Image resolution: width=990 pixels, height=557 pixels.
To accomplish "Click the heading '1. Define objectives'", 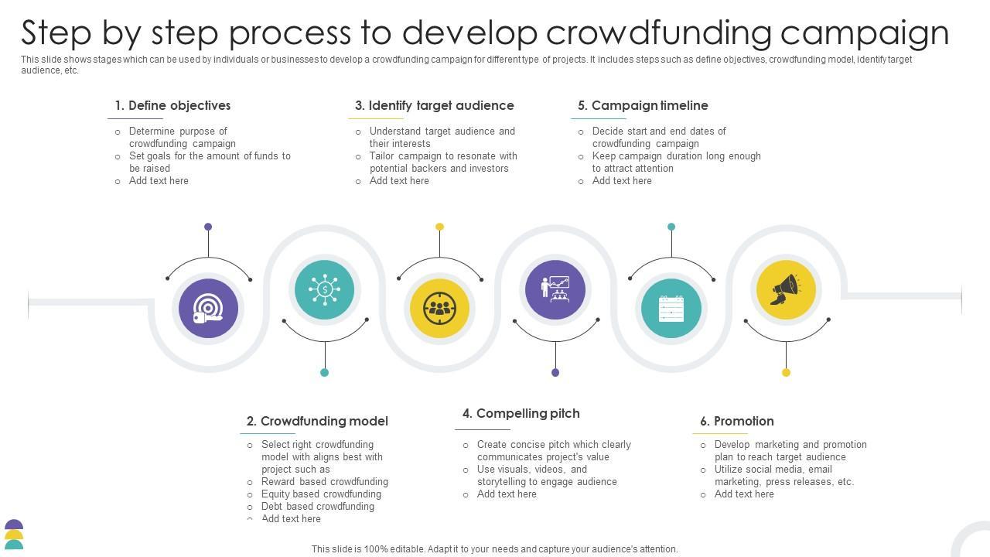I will point(172,105).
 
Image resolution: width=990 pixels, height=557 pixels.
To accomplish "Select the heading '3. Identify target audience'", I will point(434,105).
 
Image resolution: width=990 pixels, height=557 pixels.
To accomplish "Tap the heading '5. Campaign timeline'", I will point(642,105).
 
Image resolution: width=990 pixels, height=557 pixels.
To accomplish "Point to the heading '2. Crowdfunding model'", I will point(317,421).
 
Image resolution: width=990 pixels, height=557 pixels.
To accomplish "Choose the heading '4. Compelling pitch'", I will point(521,413).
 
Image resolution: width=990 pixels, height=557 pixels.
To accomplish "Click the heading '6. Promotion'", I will point(736,421).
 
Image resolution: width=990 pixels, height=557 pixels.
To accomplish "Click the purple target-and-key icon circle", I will point(208,308).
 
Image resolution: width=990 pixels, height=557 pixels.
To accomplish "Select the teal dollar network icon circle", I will point(325,290).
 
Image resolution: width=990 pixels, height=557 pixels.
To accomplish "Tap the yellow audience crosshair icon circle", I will point(439,308).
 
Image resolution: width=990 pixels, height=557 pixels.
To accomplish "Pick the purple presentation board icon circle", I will point(555,290).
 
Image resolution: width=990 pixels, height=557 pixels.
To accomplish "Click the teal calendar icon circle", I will point(671,308).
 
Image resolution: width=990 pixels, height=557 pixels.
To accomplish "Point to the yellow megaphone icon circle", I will point(786,290).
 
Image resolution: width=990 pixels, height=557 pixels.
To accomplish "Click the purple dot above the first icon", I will point(208,227).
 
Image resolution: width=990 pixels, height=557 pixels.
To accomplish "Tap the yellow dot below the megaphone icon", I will point(786,372).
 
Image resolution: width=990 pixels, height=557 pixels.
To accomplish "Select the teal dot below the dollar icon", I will point(325,372).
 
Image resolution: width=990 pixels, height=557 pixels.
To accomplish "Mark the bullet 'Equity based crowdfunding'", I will point(321,494).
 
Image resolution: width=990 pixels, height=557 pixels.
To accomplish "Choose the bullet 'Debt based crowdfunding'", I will point(318,506).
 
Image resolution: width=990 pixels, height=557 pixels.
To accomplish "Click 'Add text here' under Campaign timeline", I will point(622,180).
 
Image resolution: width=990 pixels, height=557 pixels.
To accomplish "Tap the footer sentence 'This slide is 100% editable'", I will point(494,549).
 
